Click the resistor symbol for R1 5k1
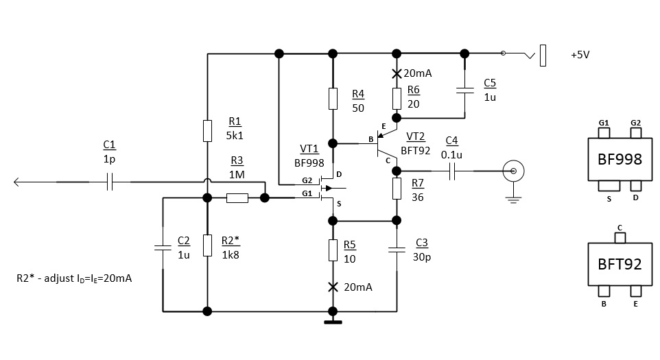207,130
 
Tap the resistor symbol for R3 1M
237,198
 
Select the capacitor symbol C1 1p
109,182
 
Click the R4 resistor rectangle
333,99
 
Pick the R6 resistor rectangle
397,99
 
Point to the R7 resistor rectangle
397,188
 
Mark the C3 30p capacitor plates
397,250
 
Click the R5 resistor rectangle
333,250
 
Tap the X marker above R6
397,73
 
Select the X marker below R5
333,287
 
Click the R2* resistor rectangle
207,245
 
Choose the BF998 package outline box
620,159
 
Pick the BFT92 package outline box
620,264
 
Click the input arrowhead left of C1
17,182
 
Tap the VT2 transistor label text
416,136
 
